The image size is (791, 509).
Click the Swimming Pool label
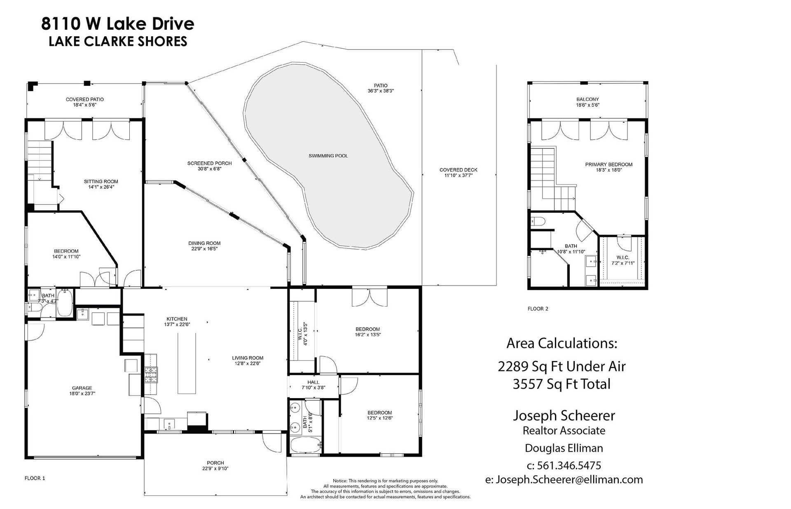click(328, 156)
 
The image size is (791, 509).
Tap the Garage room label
click(82, 391)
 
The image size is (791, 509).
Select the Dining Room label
click(204, 246)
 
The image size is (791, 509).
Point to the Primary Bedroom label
click(608, 167)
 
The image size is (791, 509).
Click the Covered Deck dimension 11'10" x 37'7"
click(458, 175)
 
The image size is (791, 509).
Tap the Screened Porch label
click(209, 166)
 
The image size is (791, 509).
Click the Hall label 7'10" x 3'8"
click(313, 385)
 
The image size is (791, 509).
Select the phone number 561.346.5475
click(569, 465)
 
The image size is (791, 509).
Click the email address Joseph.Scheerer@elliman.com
click(569, 479)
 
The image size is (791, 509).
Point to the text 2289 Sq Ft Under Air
click(562, 366)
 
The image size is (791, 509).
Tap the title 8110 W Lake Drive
click(117, 23)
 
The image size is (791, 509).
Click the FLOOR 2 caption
click(538, 309)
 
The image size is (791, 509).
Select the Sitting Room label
click(101, 184)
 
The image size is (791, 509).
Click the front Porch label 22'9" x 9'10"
click(215, 465)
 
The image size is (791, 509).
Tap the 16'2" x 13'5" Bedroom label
click(367, 332)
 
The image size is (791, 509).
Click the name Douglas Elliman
click(564, 448)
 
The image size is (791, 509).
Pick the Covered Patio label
click(84, 102)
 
